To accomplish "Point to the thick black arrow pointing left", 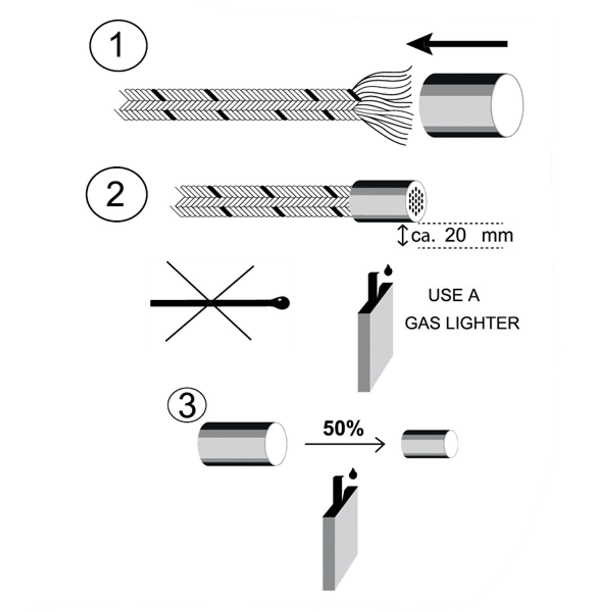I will pyautogui.click(x=457, y=44).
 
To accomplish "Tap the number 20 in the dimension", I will pyautogui.click(x=455, y=236).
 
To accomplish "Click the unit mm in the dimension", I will pyautogui.click(x=497, y=236).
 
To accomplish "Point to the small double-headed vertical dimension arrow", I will pyautogui.click(x=403, y=236).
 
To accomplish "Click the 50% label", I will pyautogui.click(x=343, y=429).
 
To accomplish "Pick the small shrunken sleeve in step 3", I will pyautogui.click(x=428, y=443).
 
